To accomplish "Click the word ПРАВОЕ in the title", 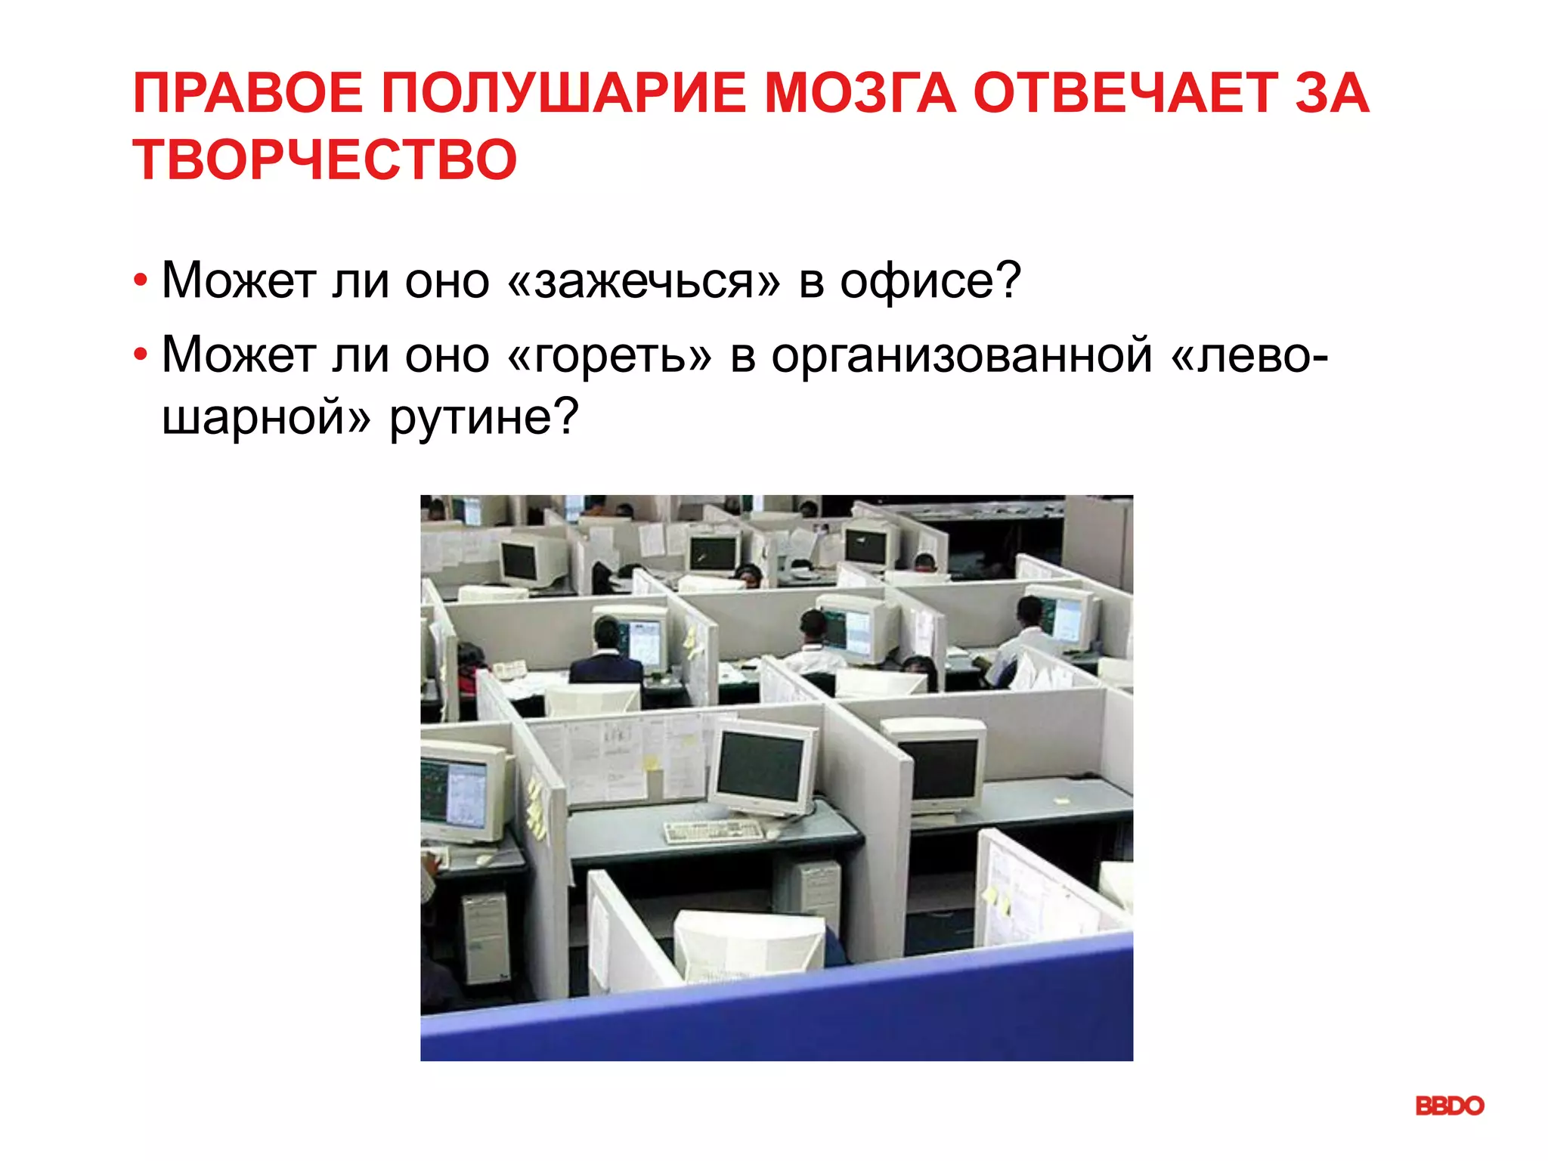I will point(247,93).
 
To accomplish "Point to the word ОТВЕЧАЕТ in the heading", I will point(1124,93).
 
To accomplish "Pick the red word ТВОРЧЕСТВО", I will point(325,160).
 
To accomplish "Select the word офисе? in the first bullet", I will point(930,280).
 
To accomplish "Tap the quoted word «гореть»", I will point(611,355).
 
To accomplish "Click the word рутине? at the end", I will point(484,416).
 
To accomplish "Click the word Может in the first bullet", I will point(239,280).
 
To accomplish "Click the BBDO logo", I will point(1449,1106).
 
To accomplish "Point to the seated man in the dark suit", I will point(605,658).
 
